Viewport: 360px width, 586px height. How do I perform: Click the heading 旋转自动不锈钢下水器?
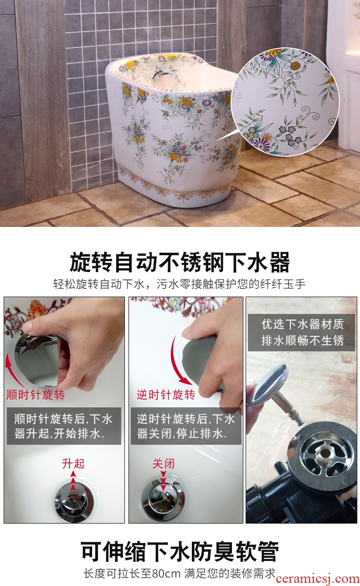pyautogui.click(x=180, y=262)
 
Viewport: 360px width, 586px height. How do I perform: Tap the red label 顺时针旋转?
pyautogui.click(x=36, y=395)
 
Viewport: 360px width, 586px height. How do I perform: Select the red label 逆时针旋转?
pyautogui.click(x=166, y=395)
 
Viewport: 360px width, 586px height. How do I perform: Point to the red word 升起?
pyautogui.click(x=73, y=463)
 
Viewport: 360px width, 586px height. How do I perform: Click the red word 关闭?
pyautogui.click(x=164, y=463)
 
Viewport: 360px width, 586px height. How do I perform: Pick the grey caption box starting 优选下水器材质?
pyautogui.click(x=301, y=333)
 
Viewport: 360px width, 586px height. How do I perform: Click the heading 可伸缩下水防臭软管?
pyautogui.click(x=180, y=551)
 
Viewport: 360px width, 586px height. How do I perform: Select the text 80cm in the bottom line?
pyautogui.click(x=166, y=574)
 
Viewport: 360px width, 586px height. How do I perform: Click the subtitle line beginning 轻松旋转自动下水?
pyautogui.click(x=179, y=284)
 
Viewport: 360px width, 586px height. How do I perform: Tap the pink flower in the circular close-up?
pyautogui.click(x=267, y=137)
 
